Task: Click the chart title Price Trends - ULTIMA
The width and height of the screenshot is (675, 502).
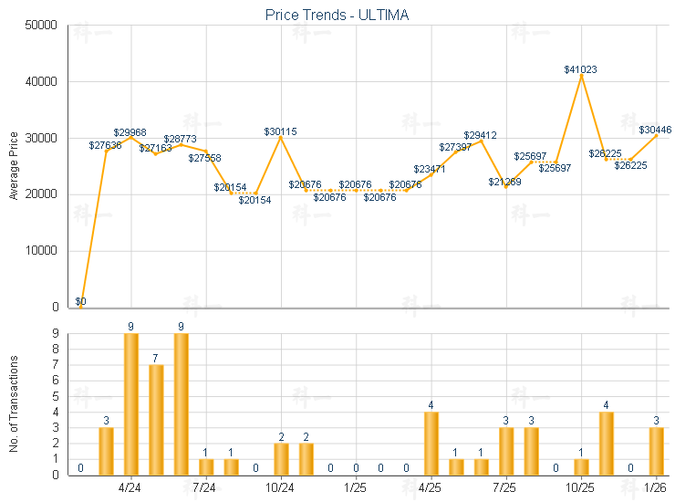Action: point(337,15)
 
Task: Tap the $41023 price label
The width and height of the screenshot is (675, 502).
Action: point(581,68)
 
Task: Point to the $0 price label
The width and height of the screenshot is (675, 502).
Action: point(80,301)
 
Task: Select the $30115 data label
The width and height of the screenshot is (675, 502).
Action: point(280,131)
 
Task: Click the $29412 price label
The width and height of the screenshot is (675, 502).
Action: point(480,135)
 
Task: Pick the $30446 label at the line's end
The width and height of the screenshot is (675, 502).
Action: point(655,130)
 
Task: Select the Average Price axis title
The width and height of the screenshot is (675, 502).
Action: point(14,166)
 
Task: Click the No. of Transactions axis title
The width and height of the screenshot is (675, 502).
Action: point(14,404)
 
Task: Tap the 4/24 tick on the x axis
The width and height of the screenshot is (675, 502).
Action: point(130,487)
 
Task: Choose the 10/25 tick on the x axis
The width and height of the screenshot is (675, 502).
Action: point(581,487)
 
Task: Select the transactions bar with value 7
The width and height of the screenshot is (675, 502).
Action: point(156,420)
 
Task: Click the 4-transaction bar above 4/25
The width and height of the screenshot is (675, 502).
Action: point(431,444)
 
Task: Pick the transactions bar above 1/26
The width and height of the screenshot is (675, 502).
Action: point(656,451)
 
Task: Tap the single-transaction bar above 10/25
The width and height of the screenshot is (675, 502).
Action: point(581,466)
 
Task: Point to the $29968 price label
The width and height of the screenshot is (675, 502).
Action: point(130,132)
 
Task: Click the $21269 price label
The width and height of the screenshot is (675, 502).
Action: point(504,182)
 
